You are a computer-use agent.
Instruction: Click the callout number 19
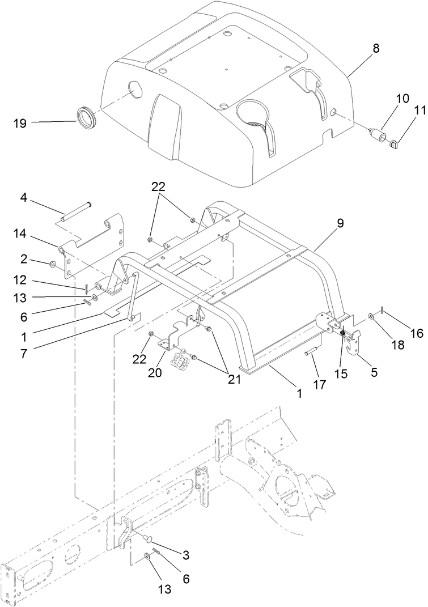point(20,122)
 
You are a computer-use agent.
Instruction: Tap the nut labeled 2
point(53,264)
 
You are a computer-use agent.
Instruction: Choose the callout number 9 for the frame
point(340,223)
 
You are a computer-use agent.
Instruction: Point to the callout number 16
point(416,334)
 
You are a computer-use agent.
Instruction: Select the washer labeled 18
point(371,316)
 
